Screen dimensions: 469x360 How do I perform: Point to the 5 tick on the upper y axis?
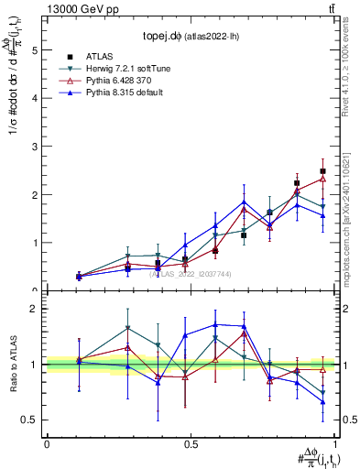pyautogui.click(x=35, y=51)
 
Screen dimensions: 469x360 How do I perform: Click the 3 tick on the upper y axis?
pyautogui.click(x=35, y=147)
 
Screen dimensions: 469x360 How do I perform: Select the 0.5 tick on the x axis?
pyautogui.click(x=190, y=442)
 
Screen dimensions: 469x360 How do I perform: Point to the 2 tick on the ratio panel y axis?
pyautogui.click(x=35, y=310)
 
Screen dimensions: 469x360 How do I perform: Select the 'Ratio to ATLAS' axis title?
pyautogui.click(x=12, y=364)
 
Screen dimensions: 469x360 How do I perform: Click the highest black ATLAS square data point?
pyautogui.click(x=322, y=171)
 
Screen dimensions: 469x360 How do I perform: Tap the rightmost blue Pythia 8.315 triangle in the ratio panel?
pyautogui.click(x=322, y=401)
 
